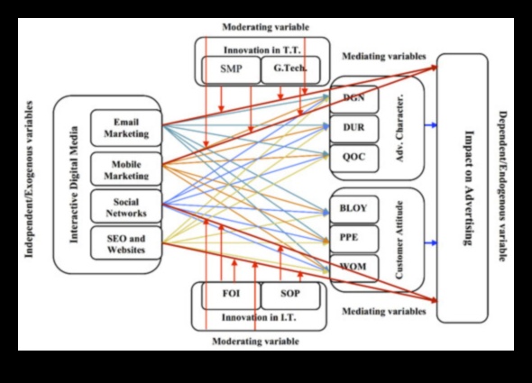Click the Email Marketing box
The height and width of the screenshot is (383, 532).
coord(126,128)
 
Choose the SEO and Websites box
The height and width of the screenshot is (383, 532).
coord(126,243)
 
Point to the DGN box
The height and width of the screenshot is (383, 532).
coord(353,97)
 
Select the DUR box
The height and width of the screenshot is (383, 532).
coord(353,127)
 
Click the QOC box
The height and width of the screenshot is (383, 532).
coord(353,155)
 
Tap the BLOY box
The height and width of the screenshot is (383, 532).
coord(353,208)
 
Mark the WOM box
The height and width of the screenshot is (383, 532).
coord(353,268)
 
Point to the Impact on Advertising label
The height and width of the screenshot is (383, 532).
coord(468,189)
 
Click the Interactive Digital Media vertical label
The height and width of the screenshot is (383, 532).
coord(75,185)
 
